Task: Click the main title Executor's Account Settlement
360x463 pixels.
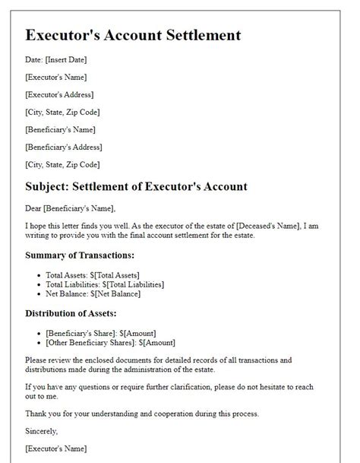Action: [x=133, y=35]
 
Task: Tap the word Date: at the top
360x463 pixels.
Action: [x=35, y=60]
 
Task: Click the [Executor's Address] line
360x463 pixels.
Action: [x=59, y=95]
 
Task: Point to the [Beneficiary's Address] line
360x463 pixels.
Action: [x=63, y=147]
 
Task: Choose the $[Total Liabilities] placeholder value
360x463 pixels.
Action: [x=137, y=284]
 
